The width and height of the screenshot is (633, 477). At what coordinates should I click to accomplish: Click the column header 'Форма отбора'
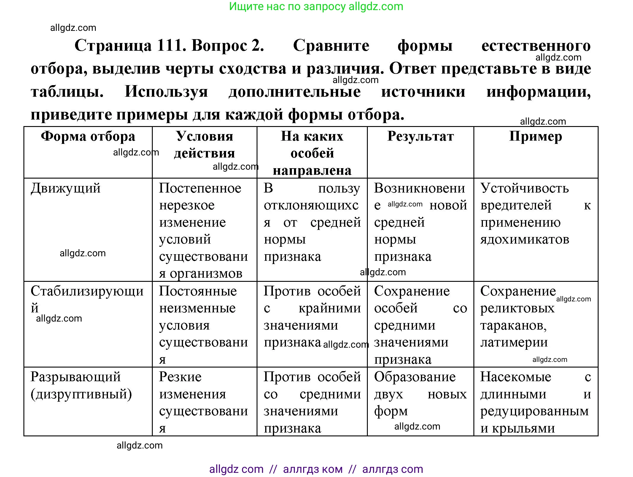point(88,137)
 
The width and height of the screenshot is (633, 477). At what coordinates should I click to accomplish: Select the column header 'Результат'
point(420,137)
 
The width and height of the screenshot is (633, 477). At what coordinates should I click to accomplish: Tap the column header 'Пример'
point(535,137)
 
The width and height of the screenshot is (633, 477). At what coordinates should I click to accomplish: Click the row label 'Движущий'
point(66,188)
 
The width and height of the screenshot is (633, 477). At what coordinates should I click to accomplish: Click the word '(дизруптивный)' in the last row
point(81,395)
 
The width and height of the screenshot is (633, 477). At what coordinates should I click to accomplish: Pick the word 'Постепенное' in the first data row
point(200,188)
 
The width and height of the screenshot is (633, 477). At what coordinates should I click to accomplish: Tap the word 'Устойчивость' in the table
point(525,188)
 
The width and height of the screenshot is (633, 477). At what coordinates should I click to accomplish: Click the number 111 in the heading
point(171,46)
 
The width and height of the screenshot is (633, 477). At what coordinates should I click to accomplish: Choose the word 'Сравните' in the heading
point(331,46)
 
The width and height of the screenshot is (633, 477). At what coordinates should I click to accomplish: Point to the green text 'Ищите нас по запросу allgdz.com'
point(316,7)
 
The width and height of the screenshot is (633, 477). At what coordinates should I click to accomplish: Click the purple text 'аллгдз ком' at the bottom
point(313,469)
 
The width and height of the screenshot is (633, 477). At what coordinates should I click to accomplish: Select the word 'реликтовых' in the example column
point(517,309)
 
